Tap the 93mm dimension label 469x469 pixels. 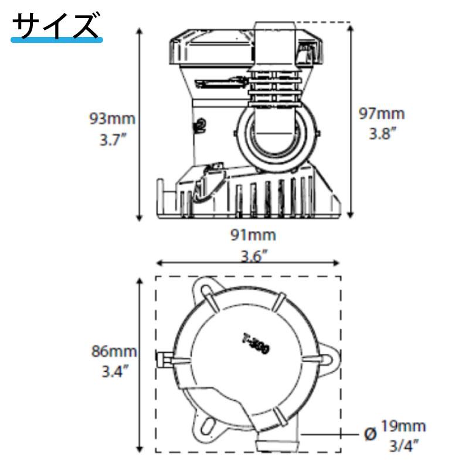point(112,118)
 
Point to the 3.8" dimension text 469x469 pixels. point(382,134)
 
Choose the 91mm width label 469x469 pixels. point(254,235)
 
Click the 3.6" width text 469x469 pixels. point(254,256)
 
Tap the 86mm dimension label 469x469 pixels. point(114,352)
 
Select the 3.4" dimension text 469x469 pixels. point(114,372)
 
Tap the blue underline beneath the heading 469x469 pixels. point(57,39)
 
